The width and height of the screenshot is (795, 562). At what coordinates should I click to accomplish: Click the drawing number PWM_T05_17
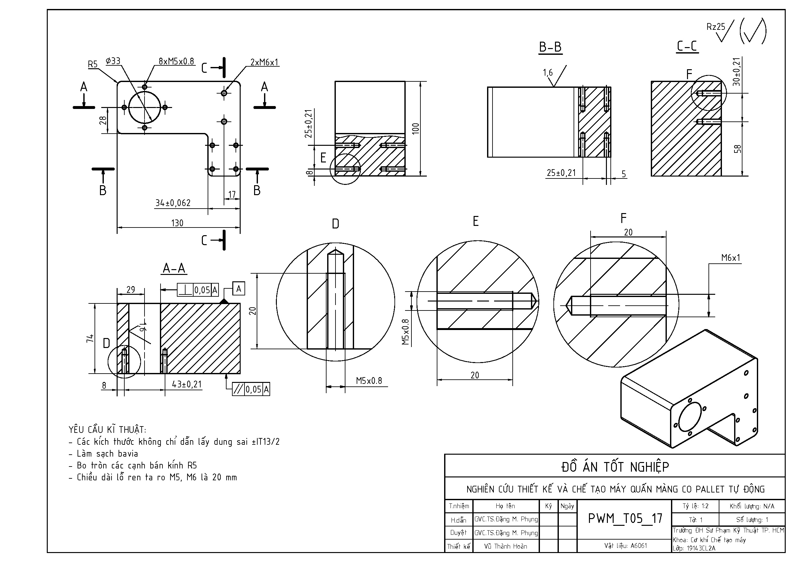tap(625, 518)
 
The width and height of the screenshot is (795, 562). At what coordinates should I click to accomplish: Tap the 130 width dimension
tap(177, 223)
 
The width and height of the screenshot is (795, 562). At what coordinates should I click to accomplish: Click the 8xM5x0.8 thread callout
tap(176, 61)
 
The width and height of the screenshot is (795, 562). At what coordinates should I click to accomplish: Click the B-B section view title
tap(550, 47)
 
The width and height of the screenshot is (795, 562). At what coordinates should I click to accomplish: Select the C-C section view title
tap(687, 46)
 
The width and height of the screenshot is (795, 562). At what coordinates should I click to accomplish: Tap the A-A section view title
tap(174, 269)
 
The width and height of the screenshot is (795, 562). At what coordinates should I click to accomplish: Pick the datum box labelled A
tap(239, 289)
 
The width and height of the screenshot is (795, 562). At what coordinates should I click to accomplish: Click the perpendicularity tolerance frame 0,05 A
tap(198, 290)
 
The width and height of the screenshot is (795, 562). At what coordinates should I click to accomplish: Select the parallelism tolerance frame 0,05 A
tap(251, 390)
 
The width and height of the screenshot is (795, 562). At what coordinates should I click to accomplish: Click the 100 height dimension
tap(416, 128)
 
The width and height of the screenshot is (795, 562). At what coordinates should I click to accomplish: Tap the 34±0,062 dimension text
tap(173, 203)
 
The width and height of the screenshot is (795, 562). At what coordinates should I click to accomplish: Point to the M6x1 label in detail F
tap(731, 258)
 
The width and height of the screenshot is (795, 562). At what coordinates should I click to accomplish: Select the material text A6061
tap(626, 546)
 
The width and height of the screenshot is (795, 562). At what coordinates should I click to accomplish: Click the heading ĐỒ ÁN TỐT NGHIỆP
tap(615, 467)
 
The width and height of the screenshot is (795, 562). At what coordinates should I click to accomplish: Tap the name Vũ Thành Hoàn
tap(506, 546)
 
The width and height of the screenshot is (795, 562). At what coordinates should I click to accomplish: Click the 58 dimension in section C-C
tap(738, 149)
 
